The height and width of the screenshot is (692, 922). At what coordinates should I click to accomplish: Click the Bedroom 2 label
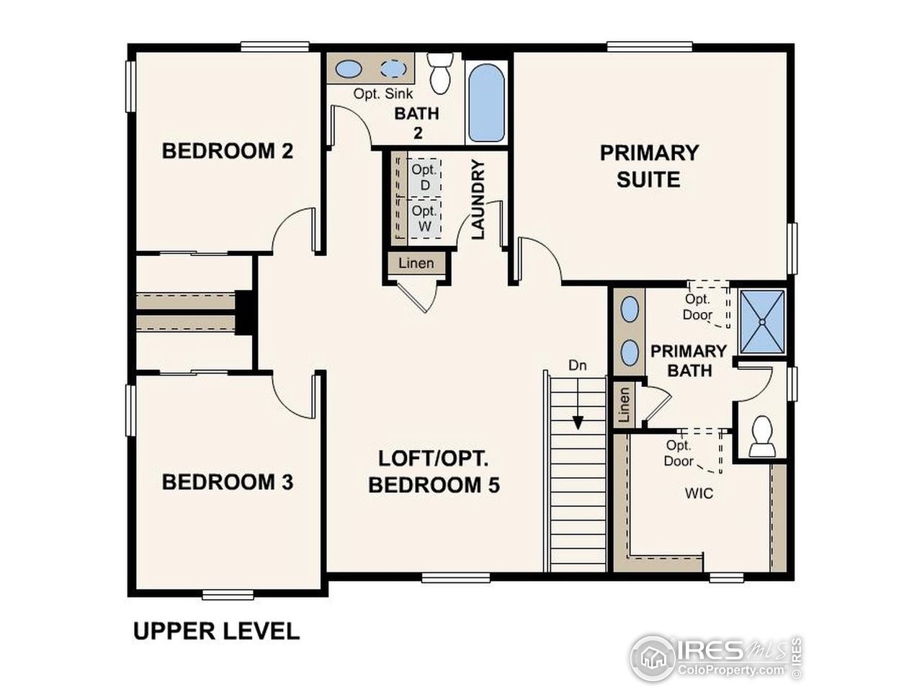click(227, 151)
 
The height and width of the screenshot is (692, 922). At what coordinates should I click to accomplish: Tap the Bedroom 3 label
click(227, 482)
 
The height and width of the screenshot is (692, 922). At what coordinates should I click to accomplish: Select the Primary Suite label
click(649, 166)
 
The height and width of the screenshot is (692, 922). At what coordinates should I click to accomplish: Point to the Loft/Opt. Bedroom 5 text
click(434, 471)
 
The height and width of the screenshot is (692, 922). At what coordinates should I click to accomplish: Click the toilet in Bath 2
click(439, 74)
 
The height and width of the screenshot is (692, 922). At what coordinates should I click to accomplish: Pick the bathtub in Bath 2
click(486, 103)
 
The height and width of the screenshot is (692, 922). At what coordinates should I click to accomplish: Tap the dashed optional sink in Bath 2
click(393, 69)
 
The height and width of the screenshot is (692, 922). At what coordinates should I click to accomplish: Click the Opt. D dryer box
click(424, 177)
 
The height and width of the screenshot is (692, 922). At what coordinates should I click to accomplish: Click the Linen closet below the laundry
click(416, 263)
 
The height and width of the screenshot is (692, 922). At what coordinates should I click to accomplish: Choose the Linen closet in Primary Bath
click(624, 406)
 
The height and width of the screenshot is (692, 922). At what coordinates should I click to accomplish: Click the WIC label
click(699, 493)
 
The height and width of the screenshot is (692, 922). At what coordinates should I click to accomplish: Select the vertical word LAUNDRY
click(478, 200)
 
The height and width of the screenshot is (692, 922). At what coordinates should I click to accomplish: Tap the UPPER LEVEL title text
click(216, 631)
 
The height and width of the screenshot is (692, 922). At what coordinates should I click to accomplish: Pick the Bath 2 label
click(416, 123)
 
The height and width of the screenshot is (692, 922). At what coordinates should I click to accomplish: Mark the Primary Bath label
click(689, 360)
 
